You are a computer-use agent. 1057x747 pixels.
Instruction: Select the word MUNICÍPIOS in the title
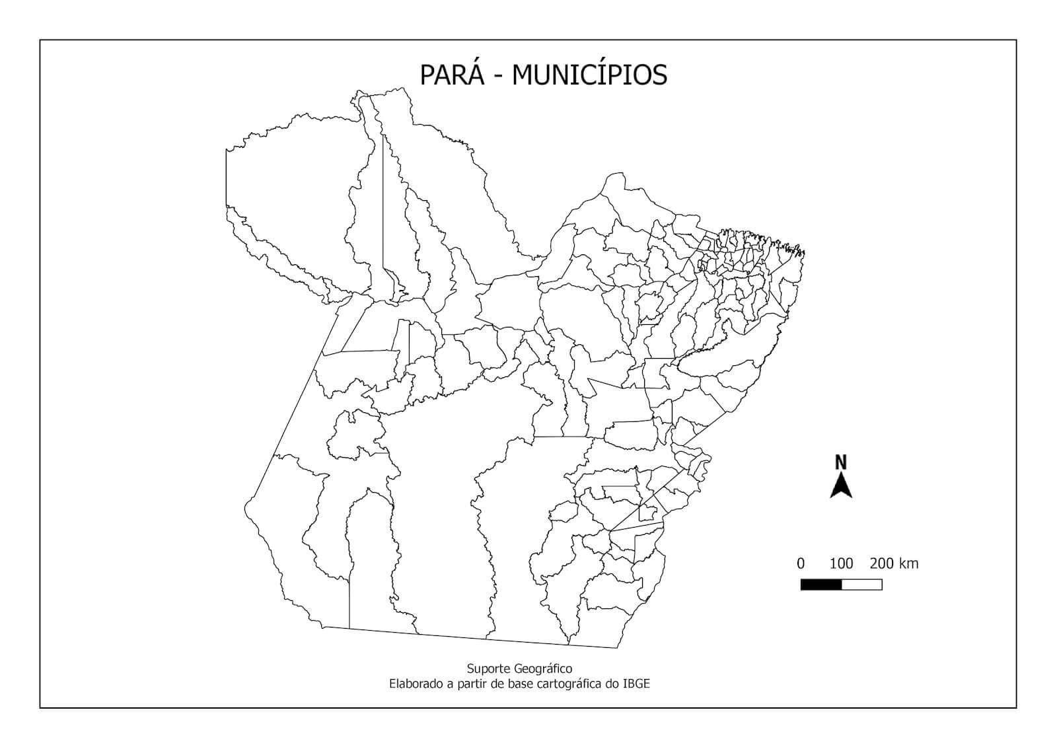[x=589, y=75]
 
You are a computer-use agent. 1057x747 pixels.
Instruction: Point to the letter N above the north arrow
[x=841, y=462]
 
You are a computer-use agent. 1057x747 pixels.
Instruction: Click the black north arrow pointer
[x=841, y=487]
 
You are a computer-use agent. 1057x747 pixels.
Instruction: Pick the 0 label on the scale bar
[x=801, y=563]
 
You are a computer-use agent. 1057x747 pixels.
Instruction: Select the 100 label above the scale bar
[x=841, y=563]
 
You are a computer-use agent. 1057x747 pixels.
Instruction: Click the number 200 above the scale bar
[x=882, y=563]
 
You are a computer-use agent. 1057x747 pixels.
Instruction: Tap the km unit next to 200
[x=909, y=563]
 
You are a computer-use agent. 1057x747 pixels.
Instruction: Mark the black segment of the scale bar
[x=821, y=585]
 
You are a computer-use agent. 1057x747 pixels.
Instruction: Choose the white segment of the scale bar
[x=862, y=585]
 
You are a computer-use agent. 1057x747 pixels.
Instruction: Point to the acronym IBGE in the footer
[x=636, y=684]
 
